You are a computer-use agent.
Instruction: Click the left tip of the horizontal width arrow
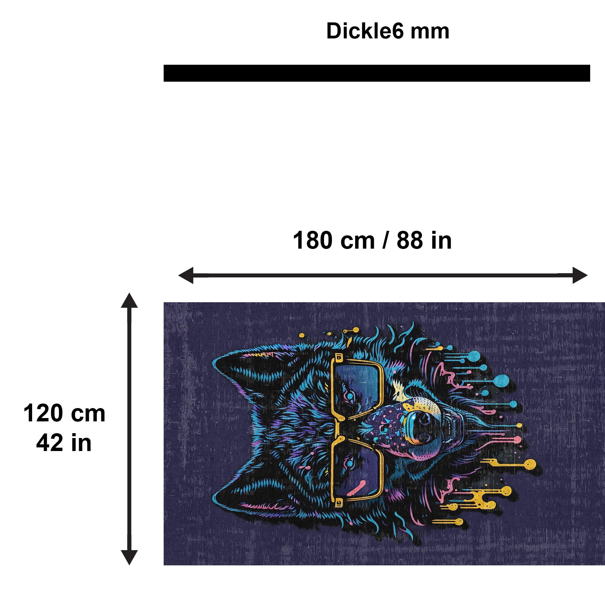(178, 275)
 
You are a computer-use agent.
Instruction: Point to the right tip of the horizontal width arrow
(587, 275)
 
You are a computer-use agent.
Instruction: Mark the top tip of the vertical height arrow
(129, 293)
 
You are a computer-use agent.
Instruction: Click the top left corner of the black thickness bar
(164, 65)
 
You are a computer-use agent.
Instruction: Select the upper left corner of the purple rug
(164, 302)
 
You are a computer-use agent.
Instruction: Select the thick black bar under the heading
(377, 73)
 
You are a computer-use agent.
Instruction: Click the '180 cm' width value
(334, 240)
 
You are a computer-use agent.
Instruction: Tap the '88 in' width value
(424, 240)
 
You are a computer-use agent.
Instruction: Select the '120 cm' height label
(64, 413)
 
